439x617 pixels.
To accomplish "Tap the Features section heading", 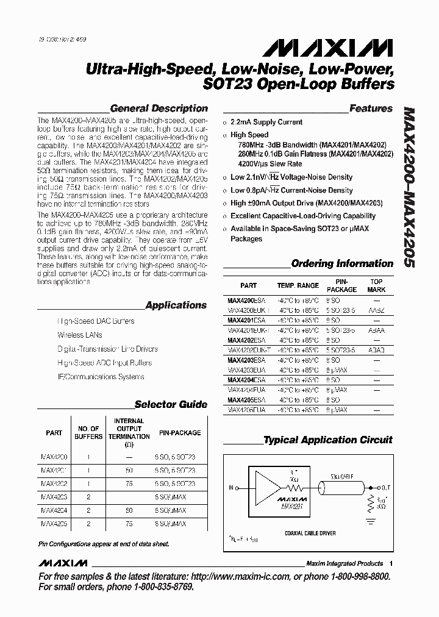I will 371,108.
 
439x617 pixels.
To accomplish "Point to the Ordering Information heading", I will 342,263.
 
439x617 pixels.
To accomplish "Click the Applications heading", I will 176,305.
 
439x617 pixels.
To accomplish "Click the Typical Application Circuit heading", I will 327,440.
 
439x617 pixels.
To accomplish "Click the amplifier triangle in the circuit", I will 265,485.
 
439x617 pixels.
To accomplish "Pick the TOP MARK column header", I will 376,285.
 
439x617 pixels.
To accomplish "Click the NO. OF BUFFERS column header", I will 88,432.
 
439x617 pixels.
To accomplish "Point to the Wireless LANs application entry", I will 80,335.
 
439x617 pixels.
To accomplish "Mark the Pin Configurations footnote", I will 104,543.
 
